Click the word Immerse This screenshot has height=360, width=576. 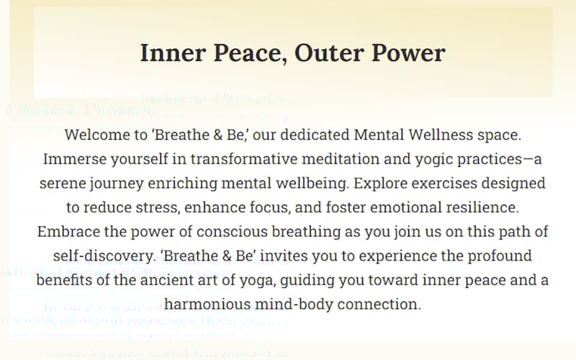pyautogui.click(x=74, y=159)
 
